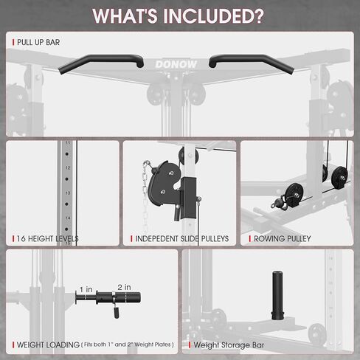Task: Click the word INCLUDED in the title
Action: click(218, 15)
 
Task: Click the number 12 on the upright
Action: click(68, 168)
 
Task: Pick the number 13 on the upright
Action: click(68, 193)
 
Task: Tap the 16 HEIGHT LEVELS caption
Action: click(47, 239)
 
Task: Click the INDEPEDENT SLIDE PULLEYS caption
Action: click(181, 239)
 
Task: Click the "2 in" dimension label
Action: click(123, 286)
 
